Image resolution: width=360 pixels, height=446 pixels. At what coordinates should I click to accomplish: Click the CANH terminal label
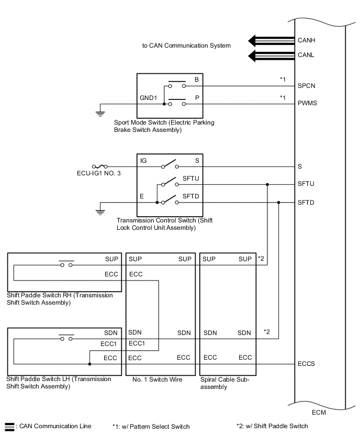click(307, 40)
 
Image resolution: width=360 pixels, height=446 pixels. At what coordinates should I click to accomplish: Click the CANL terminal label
click(306, 55)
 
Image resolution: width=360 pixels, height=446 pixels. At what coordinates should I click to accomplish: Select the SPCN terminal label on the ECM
click(307, 85)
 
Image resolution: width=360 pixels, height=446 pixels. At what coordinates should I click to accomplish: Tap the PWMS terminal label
click(307, 103)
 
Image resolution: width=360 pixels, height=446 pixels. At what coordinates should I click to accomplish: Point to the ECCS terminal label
click(307, 363)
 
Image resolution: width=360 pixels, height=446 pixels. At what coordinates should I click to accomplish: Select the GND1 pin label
click(149, 98)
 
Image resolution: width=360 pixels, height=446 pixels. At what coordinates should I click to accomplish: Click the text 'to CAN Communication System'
click(186, 46)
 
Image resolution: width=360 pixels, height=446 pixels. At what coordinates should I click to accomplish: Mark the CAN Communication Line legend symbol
click(9, 427)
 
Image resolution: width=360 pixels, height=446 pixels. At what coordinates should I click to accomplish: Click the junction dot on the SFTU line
click(267, 184)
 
